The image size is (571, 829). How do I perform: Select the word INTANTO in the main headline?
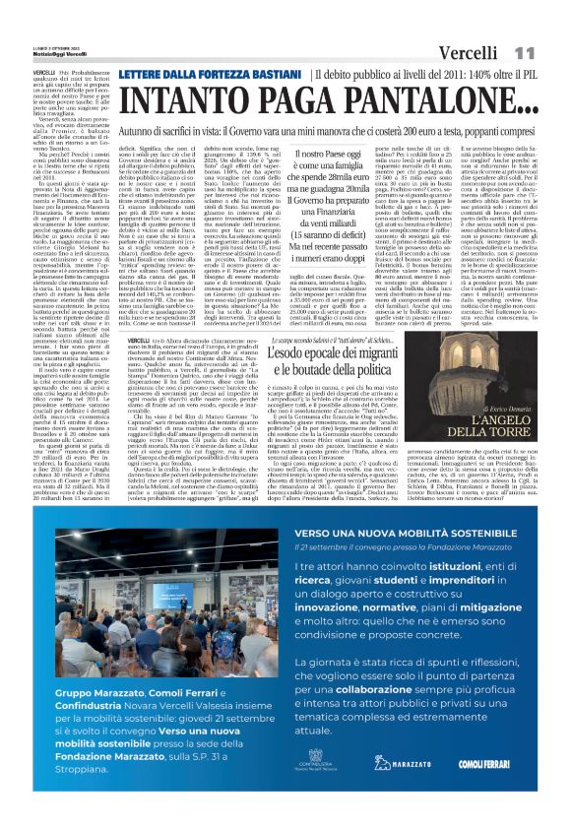pyautogui.click(x=171, y=99)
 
